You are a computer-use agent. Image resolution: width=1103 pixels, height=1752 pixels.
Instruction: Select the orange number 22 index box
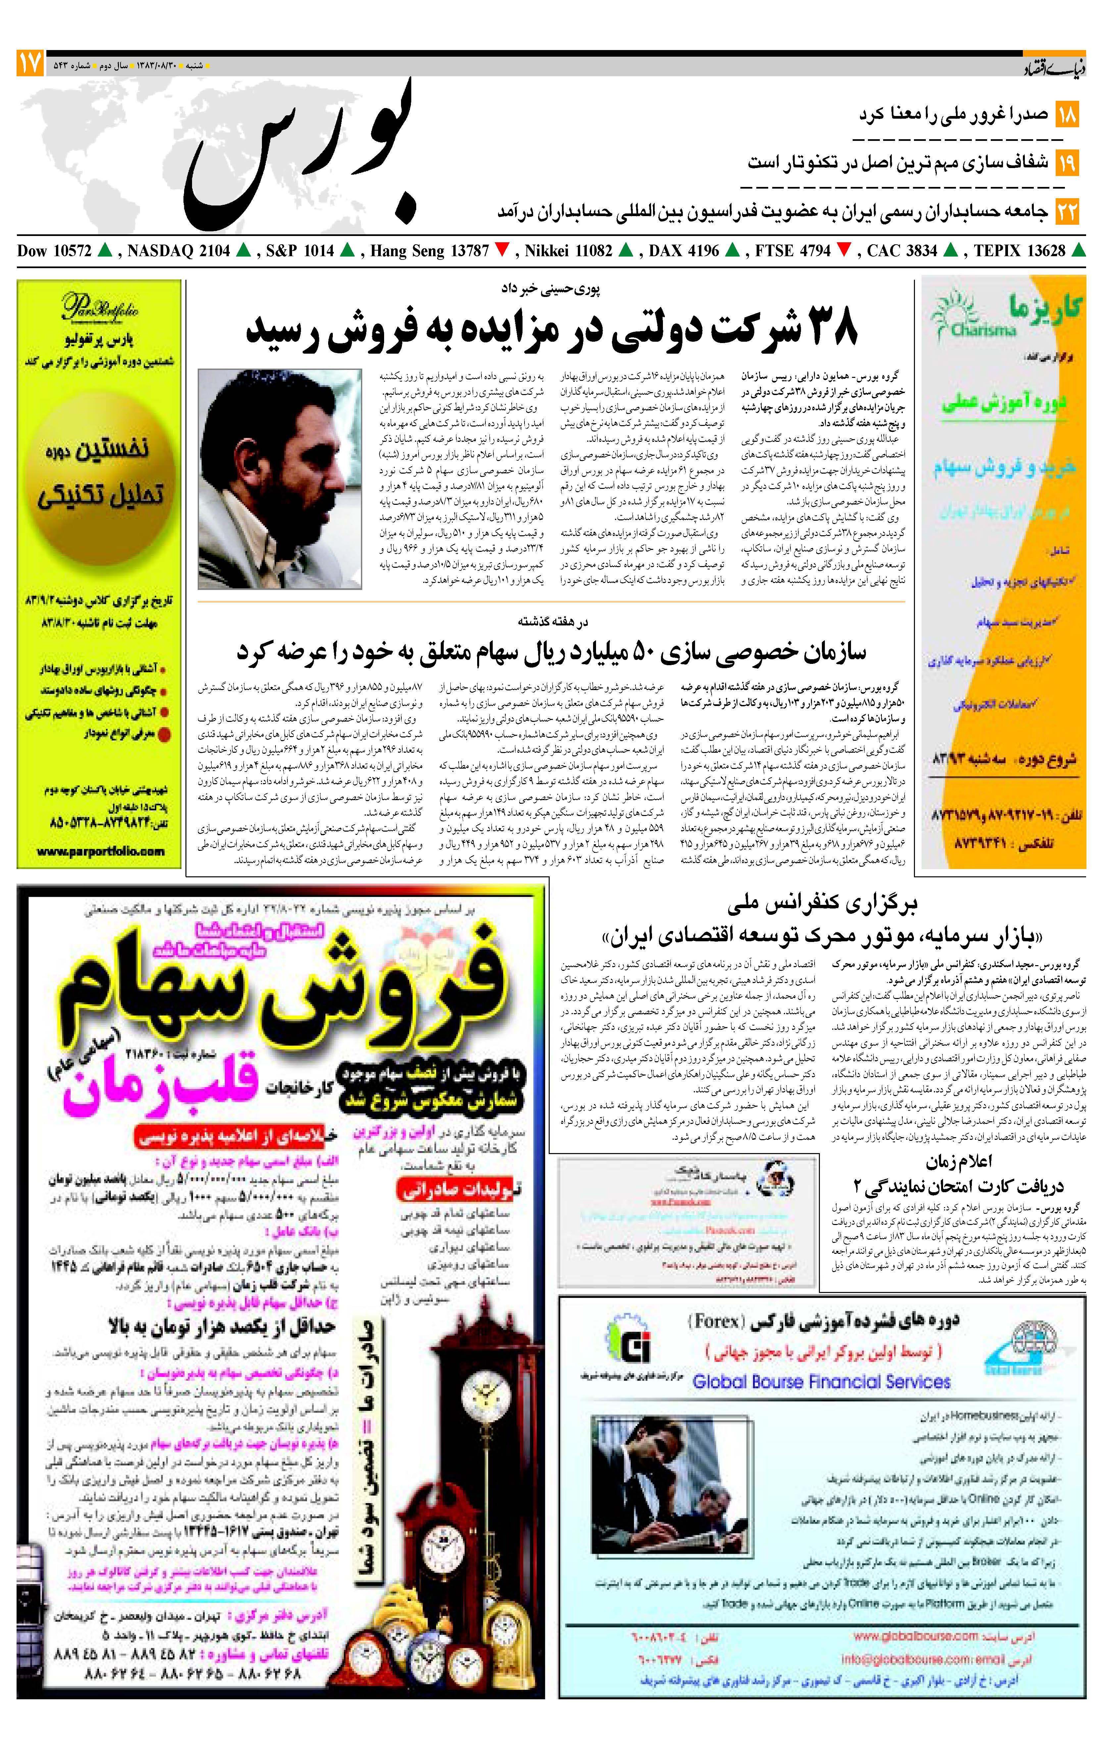coord(1067,212)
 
